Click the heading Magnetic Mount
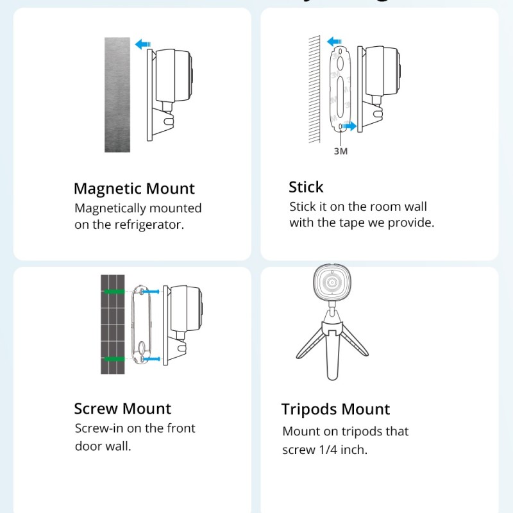pos(134,189)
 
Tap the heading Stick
pos(306,187)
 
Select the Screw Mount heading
pos(122,408)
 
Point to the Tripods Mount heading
pos(335,409)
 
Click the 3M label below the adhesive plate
pos(340,151)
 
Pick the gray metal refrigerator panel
pos(117,94)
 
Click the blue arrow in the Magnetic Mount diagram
pos(142,44)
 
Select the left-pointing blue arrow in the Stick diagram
pos(334,43)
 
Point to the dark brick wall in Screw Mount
pos(112,324)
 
